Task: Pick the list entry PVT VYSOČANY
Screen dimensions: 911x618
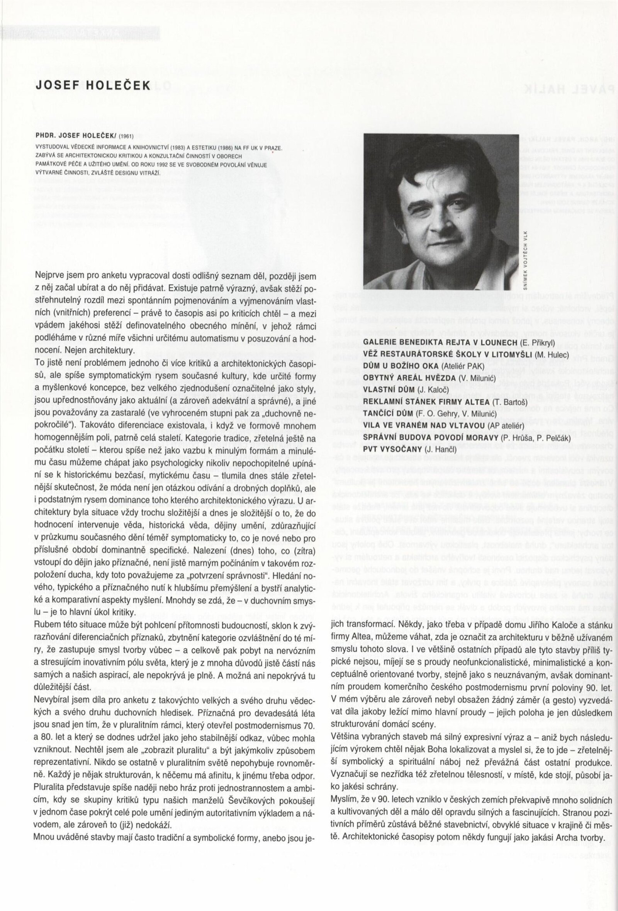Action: click(393, 449)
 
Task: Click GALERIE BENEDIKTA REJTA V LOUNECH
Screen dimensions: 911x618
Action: click(441, 343)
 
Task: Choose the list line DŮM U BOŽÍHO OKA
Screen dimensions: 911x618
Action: click(402, 366)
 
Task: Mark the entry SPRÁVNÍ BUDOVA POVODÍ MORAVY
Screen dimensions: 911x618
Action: click(431, 437)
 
